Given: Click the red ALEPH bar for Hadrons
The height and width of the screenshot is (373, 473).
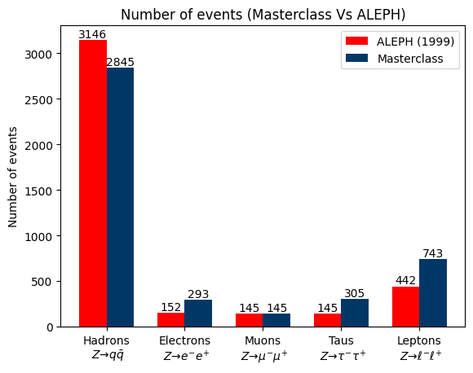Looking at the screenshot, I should point(93,183).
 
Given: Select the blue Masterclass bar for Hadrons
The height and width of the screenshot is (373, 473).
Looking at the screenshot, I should point(121,197).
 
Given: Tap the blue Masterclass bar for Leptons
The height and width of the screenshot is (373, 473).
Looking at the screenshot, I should point(433,293).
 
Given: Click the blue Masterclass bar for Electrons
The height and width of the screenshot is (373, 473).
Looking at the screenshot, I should point(198,314).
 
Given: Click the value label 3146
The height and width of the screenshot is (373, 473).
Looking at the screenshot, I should point(92,34).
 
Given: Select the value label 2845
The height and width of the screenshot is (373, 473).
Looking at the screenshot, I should point(120,62).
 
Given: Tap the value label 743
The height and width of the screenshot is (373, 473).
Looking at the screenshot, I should point(433,253).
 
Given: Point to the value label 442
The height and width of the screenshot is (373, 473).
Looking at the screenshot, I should point(405,281).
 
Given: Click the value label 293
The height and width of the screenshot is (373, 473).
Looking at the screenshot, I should point(198,294).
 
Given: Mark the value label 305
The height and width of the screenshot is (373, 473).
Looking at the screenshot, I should point(355,293).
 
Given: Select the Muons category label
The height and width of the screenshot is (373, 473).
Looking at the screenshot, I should point(263,340).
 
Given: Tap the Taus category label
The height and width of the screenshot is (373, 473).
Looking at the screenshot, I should point(342,340).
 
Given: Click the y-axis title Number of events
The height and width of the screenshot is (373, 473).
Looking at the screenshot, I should point(14,177).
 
